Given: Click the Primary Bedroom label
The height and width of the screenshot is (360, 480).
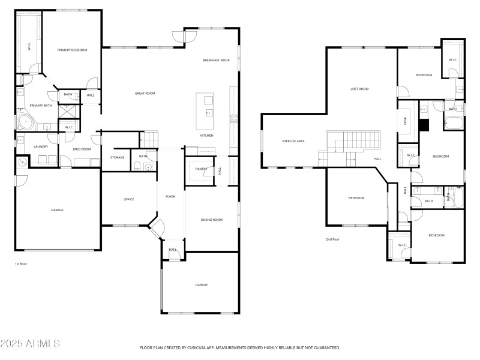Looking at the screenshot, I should pyautogui.click(x=72, y=50).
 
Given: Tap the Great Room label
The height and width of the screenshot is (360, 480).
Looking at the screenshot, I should pyautogui.click(x=145, y=93).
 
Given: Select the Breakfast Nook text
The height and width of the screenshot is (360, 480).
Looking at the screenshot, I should pyautogui.click(x=216, y=60).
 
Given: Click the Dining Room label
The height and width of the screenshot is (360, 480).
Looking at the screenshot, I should pyautogui.click(x=211, y=220).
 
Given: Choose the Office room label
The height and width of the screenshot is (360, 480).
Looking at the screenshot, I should pyautogui.click(x=128, y=199).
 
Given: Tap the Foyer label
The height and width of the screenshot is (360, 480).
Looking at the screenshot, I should pyautogui.click(x=170, y=196).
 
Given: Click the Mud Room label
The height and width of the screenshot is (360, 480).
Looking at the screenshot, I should pyautogui.click(x=82, y=149).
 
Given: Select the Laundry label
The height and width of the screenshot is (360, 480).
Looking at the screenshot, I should pyautogui.click(x=41, y=146).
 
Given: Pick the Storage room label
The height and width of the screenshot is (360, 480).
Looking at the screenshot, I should pyautogui.click(x=117, y=157).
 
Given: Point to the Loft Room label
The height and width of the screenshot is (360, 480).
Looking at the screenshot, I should pyautogui.click(x=359, y=89).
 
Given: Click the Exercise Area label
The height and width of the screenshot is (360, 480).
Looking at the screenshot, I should pyautogui.click(x=293, y=141).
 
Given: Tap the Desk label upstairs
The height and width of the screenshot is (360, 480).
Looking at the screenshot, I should pyautogui.click(x=405, y=121).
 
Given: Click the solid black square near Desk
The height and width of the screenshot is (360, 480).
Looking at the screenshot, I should pyautogui.click(x=425, y=125).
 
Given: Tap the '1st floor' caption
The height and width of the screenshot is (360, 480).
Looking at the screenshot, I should pyautogui.click(x=21, y=263).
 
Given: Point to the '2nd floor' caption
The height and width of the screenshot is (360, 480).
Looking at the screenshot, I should pyautogui.click(x=332, y=239).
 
